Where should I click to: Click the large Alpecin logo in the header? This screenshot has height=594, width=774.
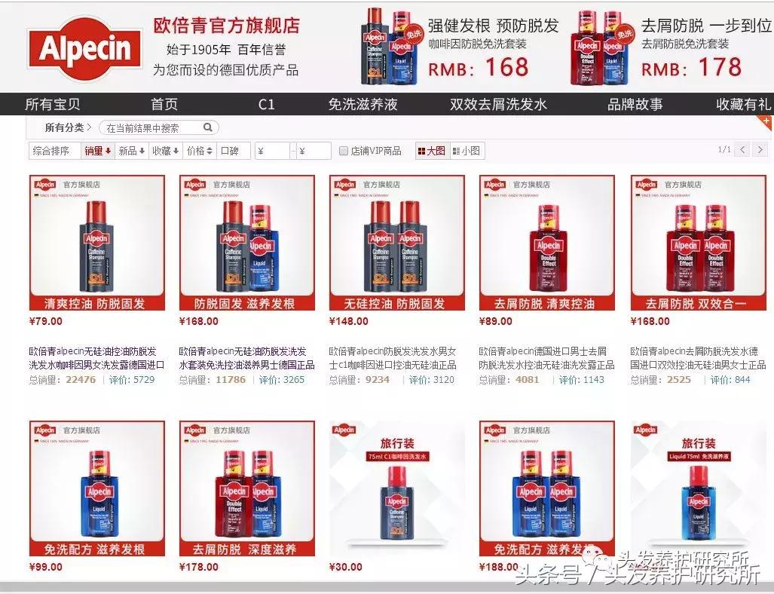[84, 49]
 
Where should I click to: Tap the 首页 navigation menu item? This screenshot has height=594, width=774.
[164, 104]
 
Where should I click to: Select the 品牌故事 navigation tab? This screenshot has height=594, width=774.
[635, 104]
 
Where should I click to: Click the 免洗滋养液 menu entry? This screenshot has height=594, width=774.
[363, 104]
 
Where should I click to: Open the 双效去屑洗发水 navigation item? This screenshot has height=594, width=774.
[498, 104]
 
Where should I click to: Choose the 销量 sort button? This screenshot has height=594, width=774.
[97, 151]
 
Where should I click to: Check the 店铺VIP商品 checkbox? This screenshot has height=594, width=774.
[344, 151]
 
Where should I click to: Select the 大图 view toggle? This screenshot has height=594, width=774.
[431, 151]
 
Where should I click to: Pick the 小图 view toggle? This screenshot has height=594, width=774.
[467, 151]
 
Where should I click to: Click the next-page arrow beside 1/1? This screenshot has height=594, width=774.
[760, 149]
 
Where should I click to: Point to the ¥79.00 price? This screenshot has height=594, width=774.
[45, 322]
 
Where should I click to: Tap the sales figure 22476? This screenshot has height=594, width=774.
[81, 380]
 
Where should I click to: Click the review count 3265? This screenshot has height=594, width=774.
[293, 380]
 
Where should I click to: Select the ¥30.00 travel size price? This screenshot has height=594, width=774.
[346, 567]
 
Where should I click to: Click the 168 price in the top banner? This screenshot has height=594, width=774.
[506, 68]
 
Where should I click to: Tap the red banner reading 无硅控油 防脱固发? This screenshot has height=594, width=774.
[396, 304]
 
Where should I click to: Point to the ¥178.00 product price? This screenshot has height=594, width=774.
[199, 567]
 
